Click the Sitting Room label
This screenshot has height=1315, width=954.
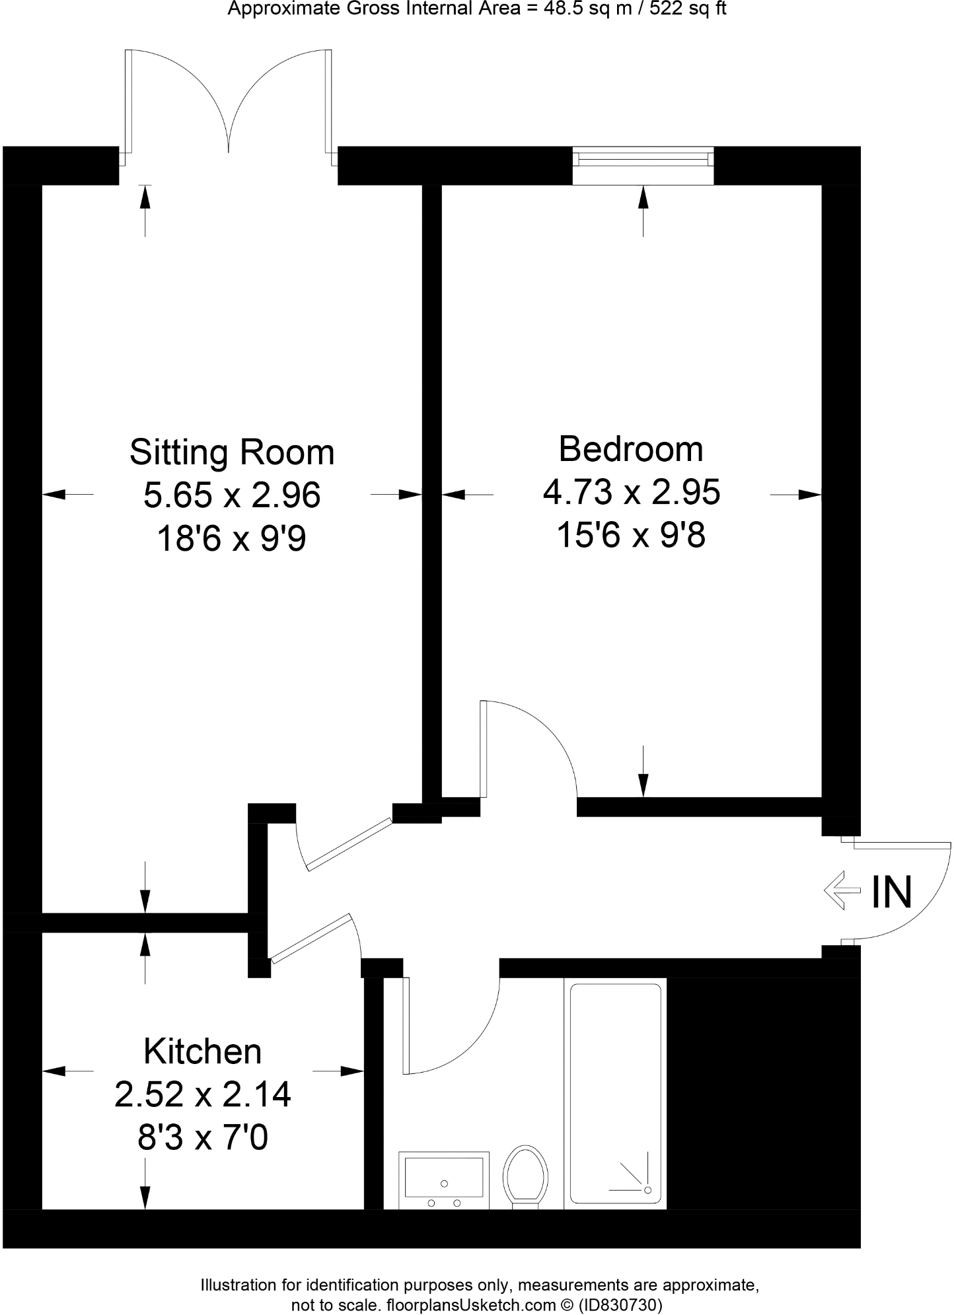[232, 452]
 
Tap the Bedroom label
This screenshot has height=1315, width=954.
[631, 449]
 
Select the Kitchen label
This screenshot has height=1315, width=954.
[202, 1051]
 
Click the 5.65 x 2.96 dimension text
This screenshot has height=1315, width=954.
[232, 495]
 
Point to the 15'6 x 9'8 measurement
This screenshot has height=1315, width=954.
[631, 535]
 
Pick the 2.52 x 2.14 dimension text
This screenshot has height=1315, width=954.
[202, 1094]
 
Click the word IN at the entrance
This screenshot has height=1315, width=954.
[892, 892]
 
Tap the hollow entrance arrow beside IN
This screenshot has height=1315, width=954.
[843, 891]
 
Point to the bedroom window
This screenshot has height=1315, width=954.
[643, 159]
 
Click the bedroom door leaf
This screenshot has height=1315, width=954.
[484, 750]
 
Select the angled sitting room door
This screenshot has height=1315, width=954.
[349, 843]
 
